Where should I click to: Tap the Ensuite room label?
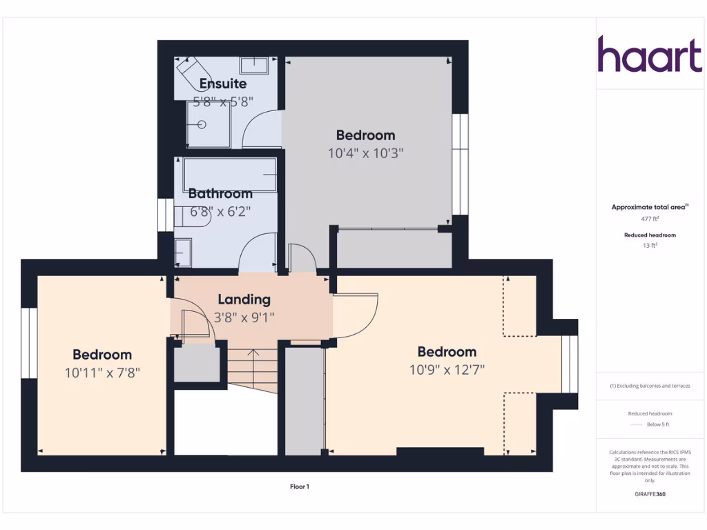click(x=223, y=84)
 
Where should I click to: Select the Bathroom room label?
click(x=220, y=194)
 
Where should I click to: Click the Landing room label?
click(x=244, y=300)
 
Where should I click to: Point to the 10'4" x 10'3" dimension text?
click(x=365, y=153)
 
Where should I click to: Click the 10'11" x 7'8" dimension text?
click(x=102, y=373)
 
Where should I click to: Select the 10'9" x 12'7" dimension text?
click(x=447, y=369)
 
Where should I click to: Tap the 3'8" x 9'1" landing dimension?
click(x=244, y=318)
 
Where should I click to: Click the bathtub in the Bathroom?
click(x=230, y=174)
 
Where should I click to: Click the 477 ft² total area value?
click(x=650, y=219)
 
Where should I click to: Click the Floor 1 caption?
click(x=299, y=487)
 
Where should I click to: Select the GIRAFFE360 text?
click(x=650, y=494)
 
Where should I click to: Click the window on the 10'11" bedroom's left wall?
click(x=28, y=343)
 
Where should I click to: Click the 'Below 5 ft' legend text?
click(x=650, y=424)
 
